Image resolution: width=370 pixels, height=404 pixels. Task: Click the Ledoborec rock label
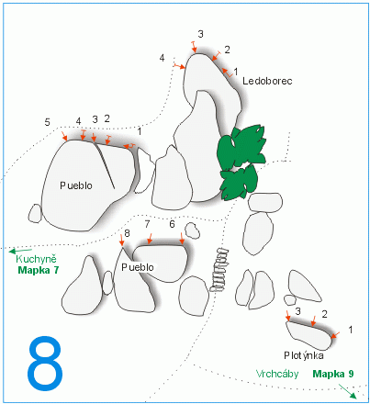267,81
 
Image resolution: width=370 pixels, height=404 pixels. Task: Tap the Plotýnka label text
304,355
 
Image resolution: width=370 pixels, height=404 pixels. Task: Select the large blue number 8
45,364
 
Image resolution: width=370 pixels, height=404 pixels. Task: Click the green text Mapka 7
39,270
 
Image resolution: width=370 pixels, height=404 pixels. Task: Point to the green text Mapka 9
333,374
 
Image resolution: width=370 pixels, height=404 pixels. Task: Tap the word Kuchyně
36,259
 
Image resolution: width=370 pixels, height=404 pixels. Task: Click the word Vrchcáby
277,374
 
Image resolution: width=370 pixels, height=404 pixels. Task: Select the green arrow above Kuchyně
20,252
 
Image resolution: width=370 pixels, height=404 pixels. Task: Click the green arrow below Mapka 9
348,392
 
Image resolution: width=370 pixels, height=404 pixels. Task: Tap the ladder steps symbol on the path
219,270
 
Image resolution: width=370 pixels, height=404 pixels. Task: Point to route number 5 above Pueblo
47,122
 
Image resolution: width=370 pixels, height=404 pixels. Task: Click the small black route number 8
127,233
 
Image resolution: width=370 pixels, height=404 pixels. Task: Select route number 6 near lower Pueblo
172,224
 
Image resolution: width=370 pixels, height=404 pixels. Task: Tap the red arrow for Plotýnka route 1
335,335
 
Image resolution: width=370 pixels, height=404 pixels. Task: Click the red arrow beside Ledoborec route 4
180,66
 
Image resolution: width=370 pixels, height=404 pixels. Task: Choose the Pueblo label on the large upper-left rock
76,185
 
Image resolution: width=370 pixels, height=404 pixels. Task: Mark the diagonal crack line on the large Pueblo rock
105,165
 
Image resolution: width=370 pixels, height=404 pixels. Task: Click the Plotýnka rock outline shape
309,335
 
